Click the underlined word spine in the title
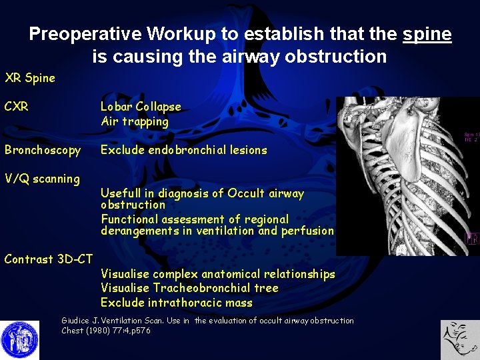427,34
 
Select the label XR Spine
30,78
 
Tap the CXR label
17,107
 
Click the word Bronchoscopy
43,150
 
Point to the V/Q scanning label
42,179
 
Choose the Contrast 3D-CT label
49,259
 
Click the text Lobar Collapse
141,107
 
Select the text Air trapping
135,121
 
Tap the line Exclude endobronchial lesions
183,150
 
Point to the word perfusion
308,231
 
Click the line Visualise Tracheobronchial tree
189,288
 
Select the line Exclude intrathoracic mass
177,303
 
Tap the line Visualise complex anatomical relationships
218,274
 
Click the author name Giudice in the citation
75,321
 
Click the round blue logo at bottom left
19,339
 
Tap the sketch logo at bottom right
459,339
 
